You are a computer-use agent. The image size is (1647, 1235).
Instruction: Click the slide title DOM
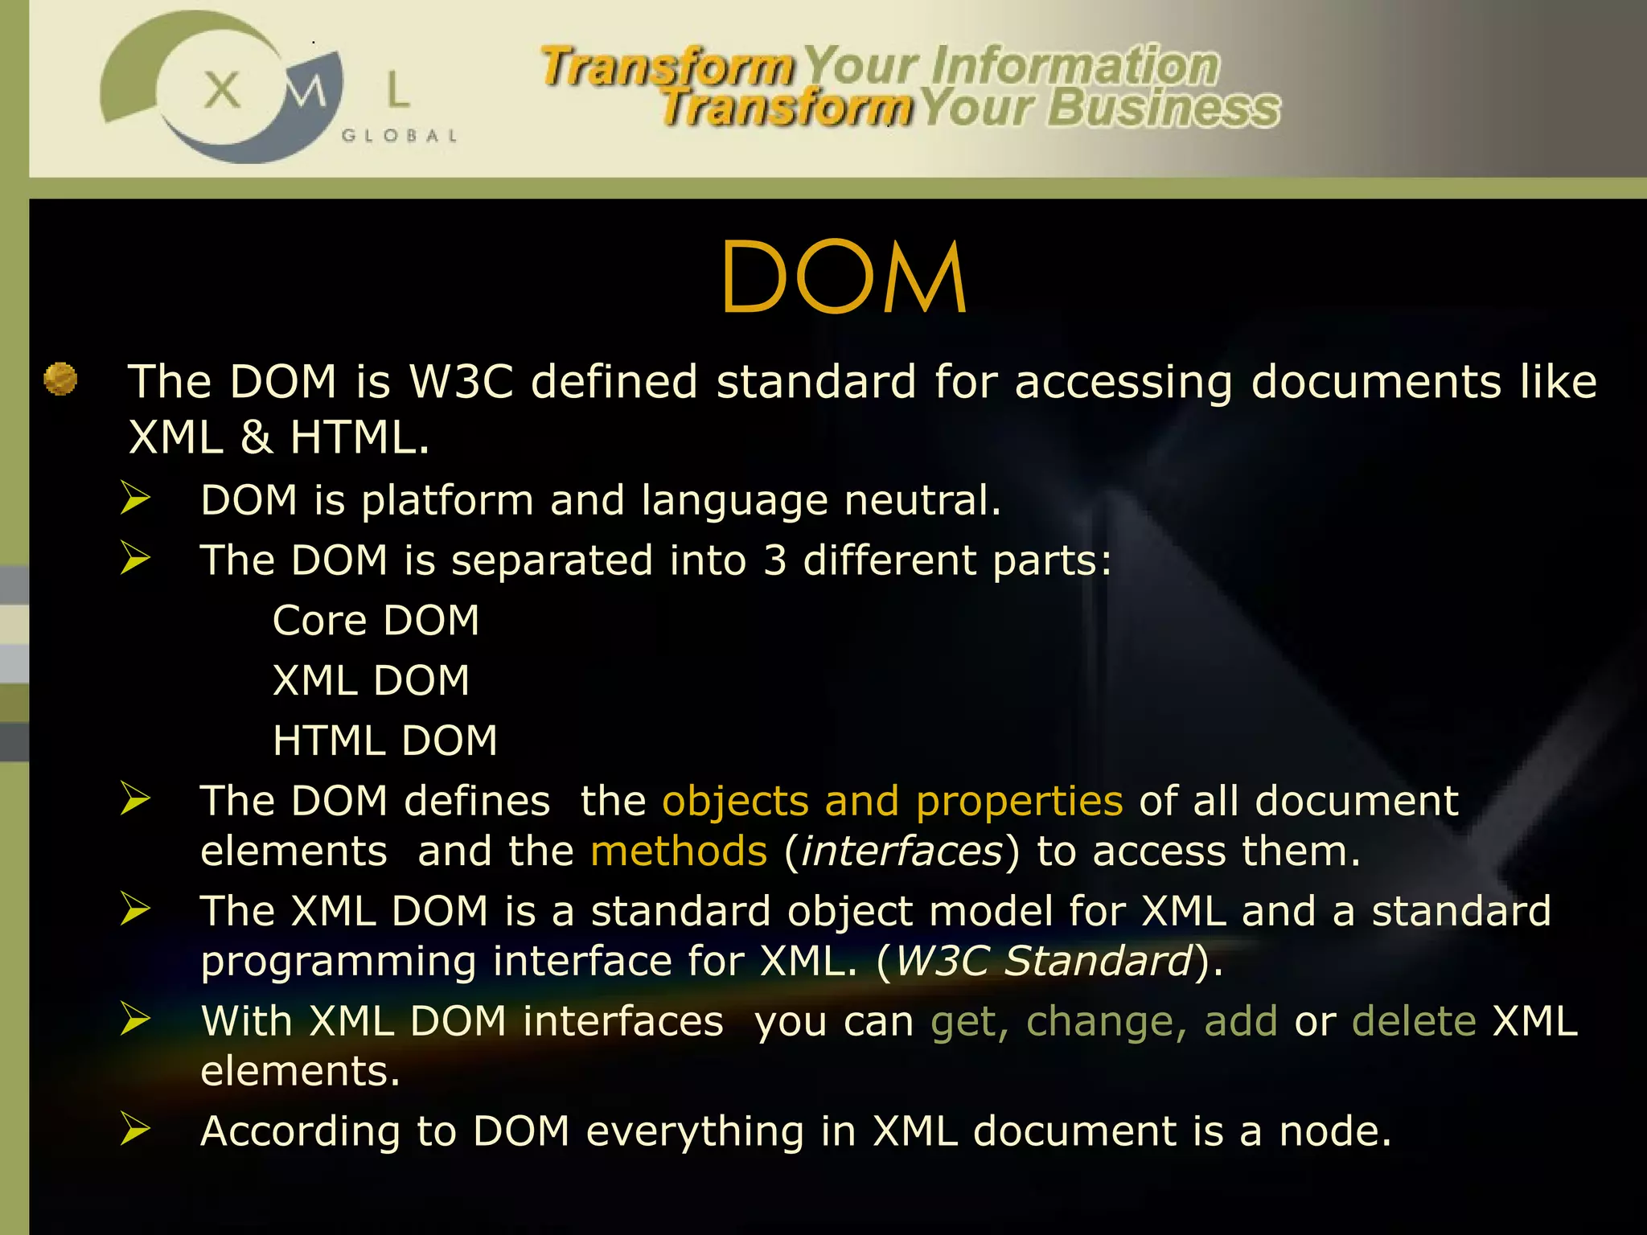click(x=844, y=277)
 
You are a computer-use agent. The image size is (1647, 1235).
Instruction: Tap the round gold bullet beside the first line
click(x=60, y=379)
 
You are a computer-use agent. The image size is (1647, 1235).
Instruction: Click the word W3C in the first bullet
click(x=461, y=381)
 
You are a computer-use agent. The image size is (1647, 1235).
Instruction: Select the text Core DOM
click(x=376, y=621)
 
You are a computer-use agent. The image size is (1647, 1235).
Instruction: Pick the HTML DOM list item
click(x=384, y=741)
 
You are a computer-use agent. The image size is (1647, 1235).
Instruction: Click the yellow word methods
click(x=679, y=851)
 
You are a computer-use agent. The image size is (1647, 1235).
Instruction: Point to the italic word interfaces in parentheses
click(x=902, y=851)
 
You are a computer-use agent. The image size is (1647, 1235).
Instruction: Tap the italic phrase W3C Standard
click(x=1043, y=961)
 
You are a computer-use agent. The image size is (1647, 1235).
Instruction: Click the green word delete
click(x=1414, y=1022)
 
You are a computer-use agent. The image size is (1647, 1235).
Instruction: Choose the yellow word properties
click(x=1019, y=802)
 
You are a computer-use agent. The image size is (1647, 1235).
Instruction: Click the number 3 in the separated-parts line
click(x=774, y=560)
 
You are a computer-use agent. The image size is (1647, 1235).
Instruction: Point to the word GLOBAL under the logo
click(x=399, y=136)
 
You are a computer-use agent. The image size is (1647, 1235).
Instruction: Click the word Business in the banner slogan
click(x=1163, y=108)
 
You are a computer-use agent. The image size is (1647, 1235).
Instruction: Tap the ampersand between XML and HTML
click(x=257, y=438)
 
